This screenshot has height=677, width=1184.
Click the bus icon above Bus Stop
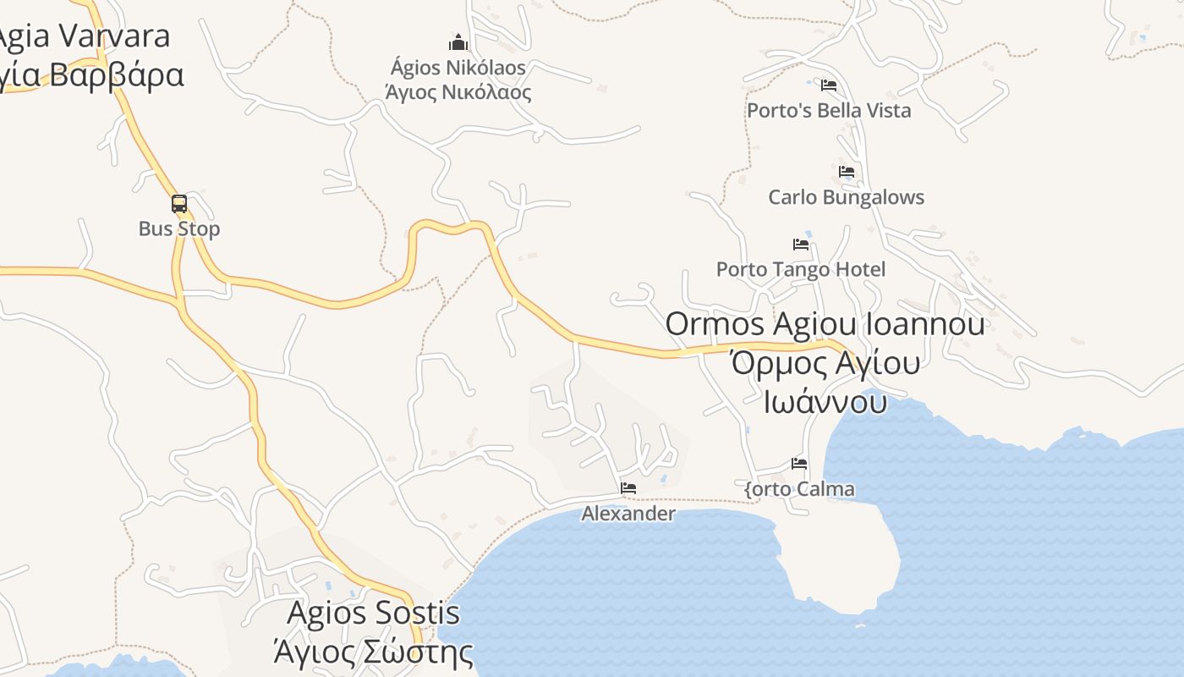point(179,204)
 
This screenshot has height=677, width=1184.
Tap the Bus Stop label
point(179,229)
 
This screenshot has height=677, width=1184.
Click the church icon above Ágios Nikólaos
point(458,42)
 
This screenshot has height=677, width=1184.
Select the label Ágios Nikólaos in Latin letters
point(458,68)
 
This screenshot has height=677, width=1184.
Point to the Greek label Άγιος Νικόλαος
point(458,92)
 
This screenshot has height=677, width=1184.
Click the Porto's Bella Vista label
point(829,111)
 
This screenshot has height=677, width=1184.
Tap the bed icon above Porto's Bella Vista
point(829,85)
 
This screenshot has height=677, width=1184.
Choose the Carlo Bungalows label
point(846,197)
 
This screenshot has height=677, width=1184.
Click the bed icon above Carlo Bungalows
point(847,172)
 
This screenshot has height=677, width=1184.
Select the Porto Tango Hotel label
point(801,269)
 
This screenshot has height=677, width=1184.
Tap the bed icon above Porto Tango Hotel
point(801,245)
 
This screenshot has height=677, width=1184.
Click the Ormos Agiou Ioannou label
point(825,323)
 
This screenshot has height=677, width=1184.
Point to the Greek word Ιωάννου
point(825,401)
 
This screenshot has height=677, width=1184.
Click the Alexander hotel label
point(628,514)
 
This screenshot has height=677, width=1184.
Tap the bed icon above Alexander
point(628,488)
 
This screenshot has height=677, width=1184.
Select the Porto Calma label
point(799,489)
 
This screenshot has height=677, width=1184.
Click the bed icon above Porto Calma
point(799,464)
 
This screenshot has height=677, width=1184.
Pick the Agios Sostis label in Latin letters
point(374,613)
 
